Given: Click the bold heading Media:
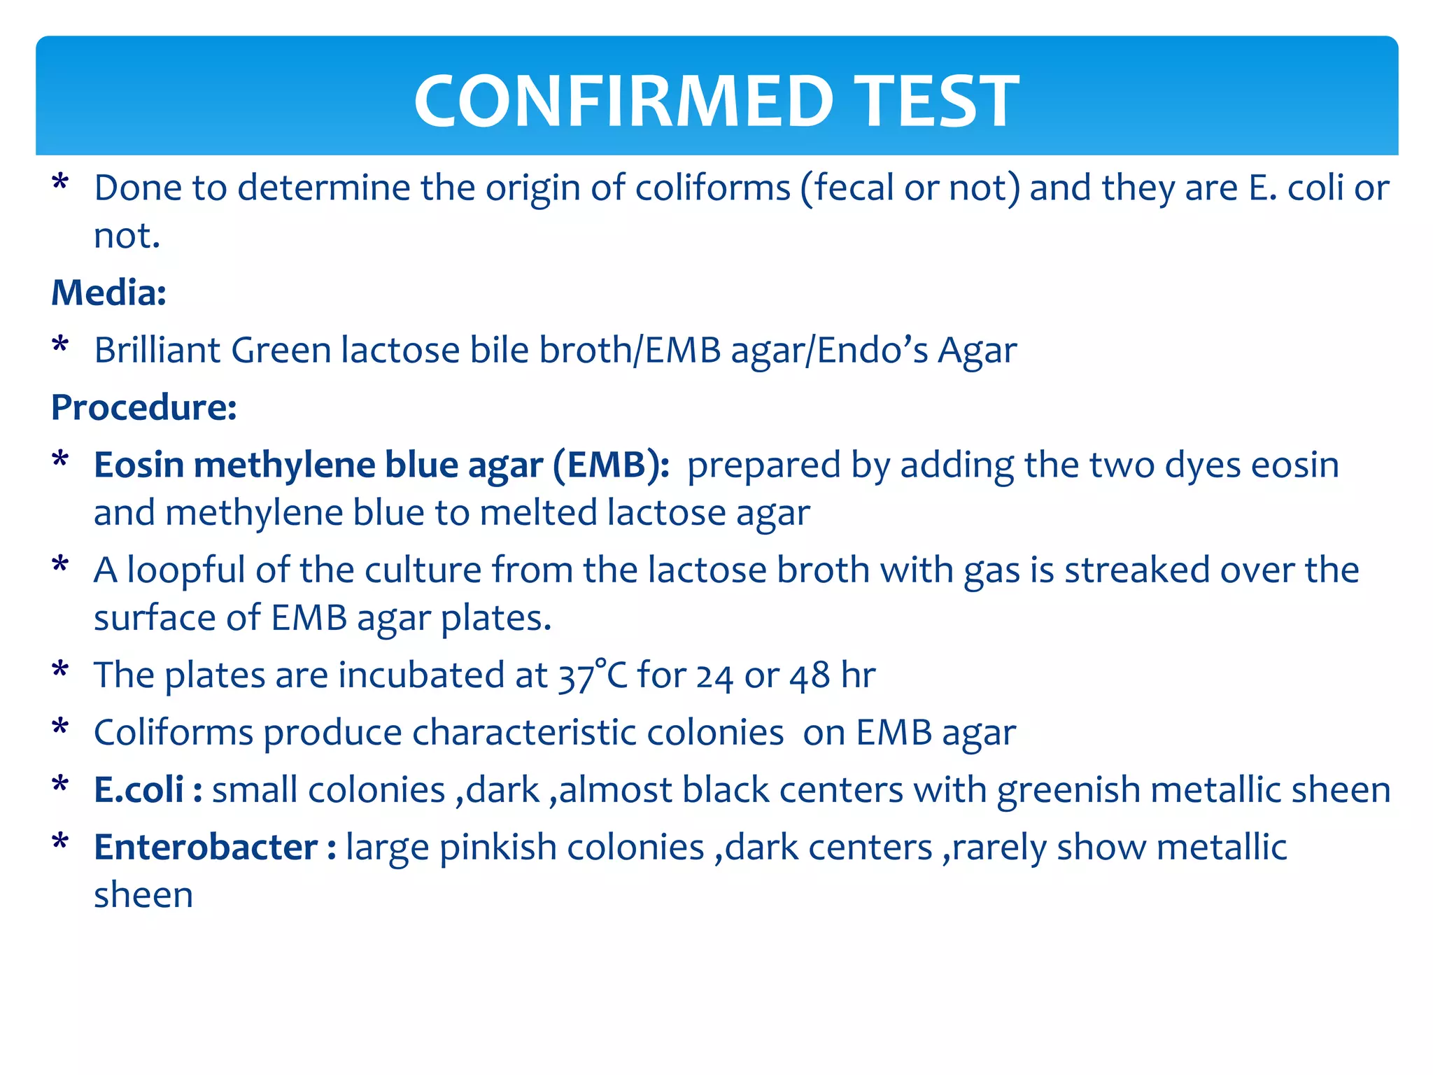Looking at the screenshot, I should pos(109,293).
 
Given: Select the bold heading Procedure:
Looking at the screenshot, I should pos(144,407).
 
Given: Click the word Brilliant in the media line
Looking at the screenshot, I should pos(157,350).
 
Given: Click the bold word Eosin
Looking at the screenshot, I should pos(139,465).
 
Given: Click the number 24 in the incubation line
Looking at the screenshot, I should pos(714,675).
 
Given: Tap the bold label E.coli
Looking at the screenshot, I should pos(139,790).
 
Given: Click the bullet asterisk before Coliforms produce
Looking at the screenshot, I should pos(61,728).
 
